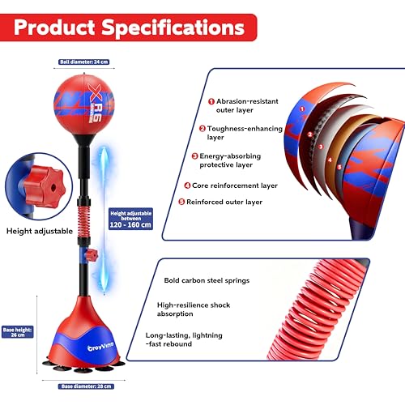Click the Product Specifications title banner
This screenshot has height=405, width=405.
(128, 28)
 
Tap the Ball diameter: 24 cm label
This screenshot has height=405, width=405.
(84, 62)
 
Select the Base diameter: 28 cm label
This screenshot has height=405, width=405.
(86, 386)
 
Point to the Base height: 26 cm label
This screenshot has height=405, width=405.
(18, 332)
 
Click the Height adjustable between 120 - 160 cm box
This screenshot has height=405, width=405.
(130, 219)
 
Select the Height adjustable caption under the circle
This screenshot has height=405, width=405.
(40, 231)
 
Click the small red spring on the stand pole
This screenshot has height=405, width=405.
(84, 220)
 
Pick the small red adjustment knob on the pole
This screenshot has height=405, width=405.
(92, 255)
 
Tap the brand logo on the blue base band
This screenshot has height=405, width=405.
(101, 346)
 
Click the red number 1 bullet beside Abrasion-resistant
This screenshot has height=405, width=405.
(211, 101)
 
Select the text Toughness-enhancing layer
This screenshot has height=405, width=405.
(245, 133)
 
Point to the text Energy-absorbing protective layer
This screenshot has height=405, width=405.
(230, 160)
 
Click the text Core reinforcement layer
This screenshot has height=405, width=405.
(235, 185)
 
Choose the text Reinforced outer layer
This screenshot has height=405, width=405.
(224, 202)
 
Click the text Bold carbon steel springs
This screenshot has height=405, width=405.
(207, 280)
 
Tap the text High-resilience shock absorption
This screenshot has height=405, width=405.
(194, 309)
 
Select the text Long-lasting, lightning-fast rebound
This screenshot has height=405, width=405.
(184, 339)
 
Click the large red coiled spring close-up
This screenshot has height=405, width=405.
(316, 310)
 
